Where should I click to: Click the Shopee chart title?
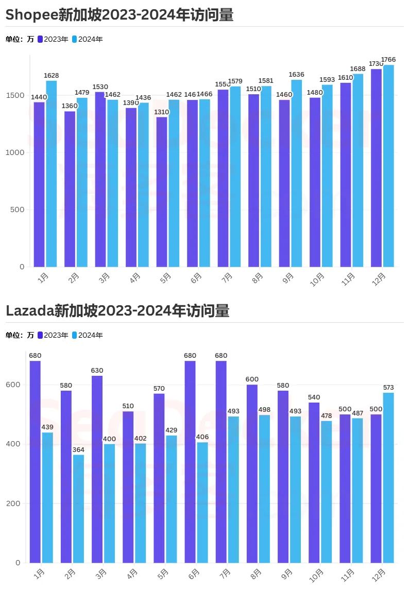(x=120, y=15)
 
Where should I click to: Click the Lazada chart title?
(x=117, y=311)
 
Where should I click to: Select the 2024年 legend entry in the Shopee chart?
(x=88, y=39)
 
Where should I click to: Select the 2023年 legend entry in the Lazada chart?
(x=53, y=335)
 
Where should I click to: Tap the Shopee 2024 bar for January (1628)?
(x=52, y=173)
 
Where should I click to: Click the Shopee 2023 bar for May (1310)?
(x=162, y=191)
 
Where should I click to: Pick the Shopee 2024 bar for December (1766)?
(x=388, y=166)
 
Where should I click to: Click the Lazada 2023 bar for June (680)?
(x=190, y=461)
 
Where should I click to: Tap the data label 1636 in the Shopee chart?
(x=297, y=75)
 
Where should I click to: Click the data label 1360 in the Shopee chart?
(x=70, y=106)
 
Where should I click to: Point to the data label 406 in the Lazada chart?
(x=202, y=437)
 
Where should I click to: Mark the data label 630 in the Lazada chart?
(x=97, y=371)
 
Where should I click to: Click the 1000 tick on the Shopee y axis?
(x=16, y=153)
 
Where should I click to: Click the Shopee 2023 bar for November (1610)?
(x=346, y=175)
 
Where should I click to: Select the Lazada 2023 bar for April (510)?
(x=128, y=487)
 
